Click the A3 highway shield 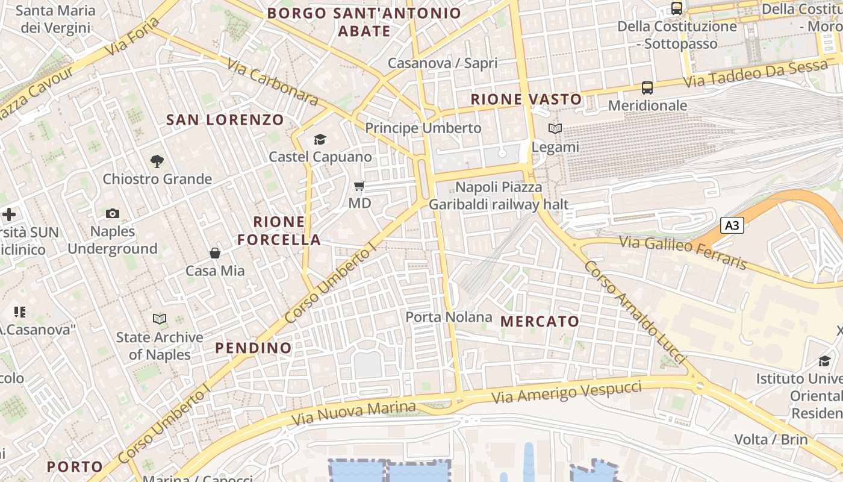732,226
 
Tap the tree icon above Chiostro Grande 157,161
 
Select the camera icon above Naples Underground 113,213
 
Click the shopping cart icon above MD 359,186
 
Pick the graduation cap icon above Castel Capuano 320,140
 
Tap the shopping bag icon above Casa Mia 215,253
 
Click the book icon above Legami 555,128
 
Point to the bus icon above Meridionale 647,88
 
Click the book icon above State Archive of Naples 160,319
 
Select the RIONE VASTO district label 526,99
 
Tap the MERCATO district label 540,321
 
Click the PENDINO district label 254,348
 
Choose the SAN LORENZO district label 225,119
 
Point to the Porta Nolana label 449,317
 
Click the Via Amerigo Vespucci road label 567,392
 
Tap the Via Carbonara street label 273,81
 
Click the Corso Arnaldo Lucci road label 635,312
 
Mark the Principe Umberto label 423,128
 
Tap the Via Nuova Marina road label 353,413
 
